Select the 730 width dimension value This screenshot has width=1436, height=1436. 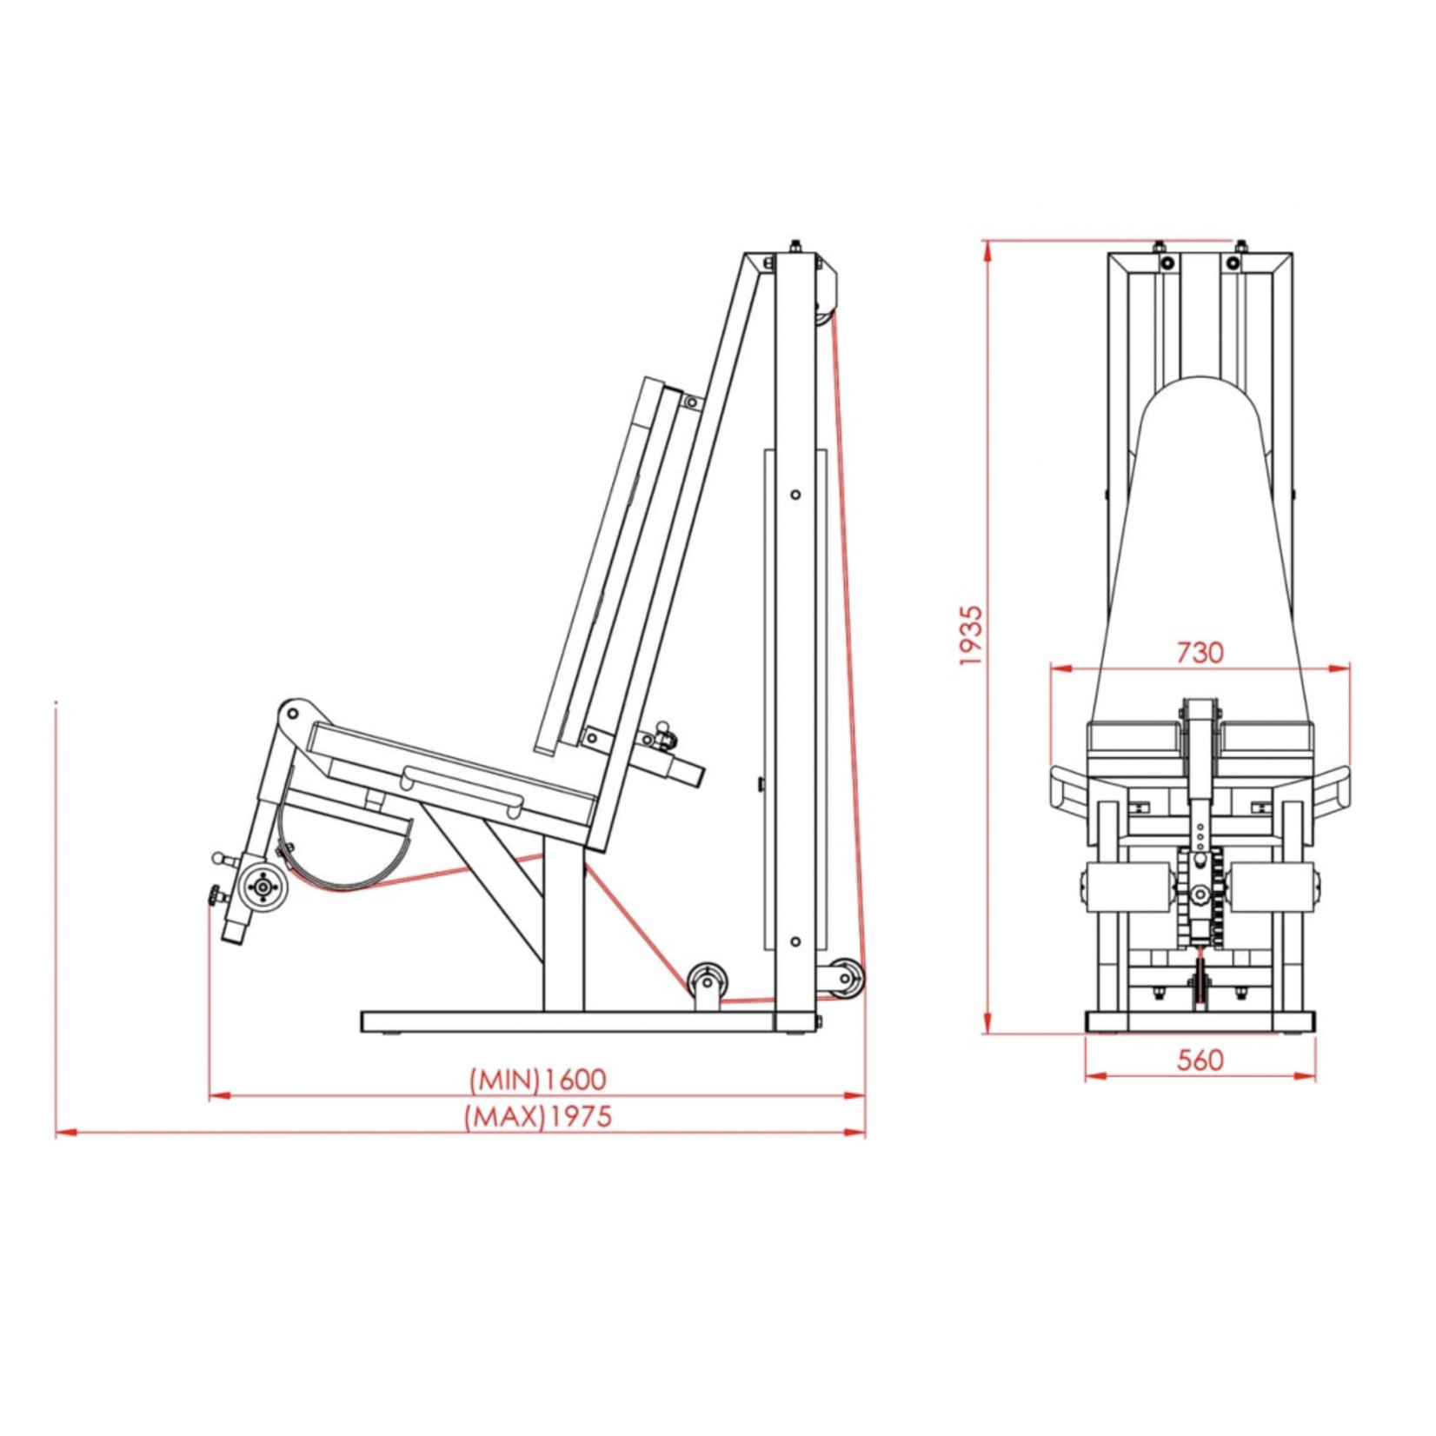point(1200,652)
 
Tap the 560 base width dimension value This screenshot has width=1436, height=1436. point(1200,1060)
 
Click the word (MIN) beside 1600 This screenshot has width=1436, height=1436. point(505,1080)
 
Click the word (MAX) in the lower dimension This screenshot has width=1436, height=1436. point(505,1116)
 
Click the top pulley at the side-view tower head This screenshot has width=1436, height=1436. point(822,313)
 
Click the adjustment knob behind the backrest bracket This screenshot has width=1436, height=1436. point(665,735)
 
